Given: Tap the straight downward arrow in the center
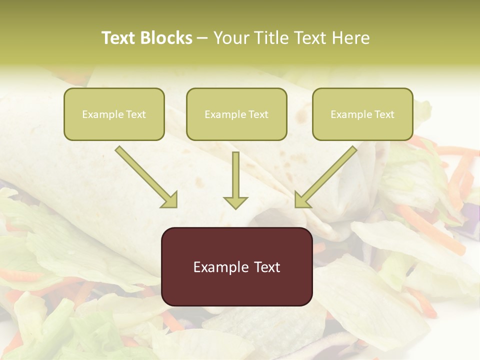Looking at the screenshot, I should [x=235, y=180].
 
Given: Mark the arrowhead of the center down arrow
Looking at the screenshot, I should [x=235, y=202].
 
